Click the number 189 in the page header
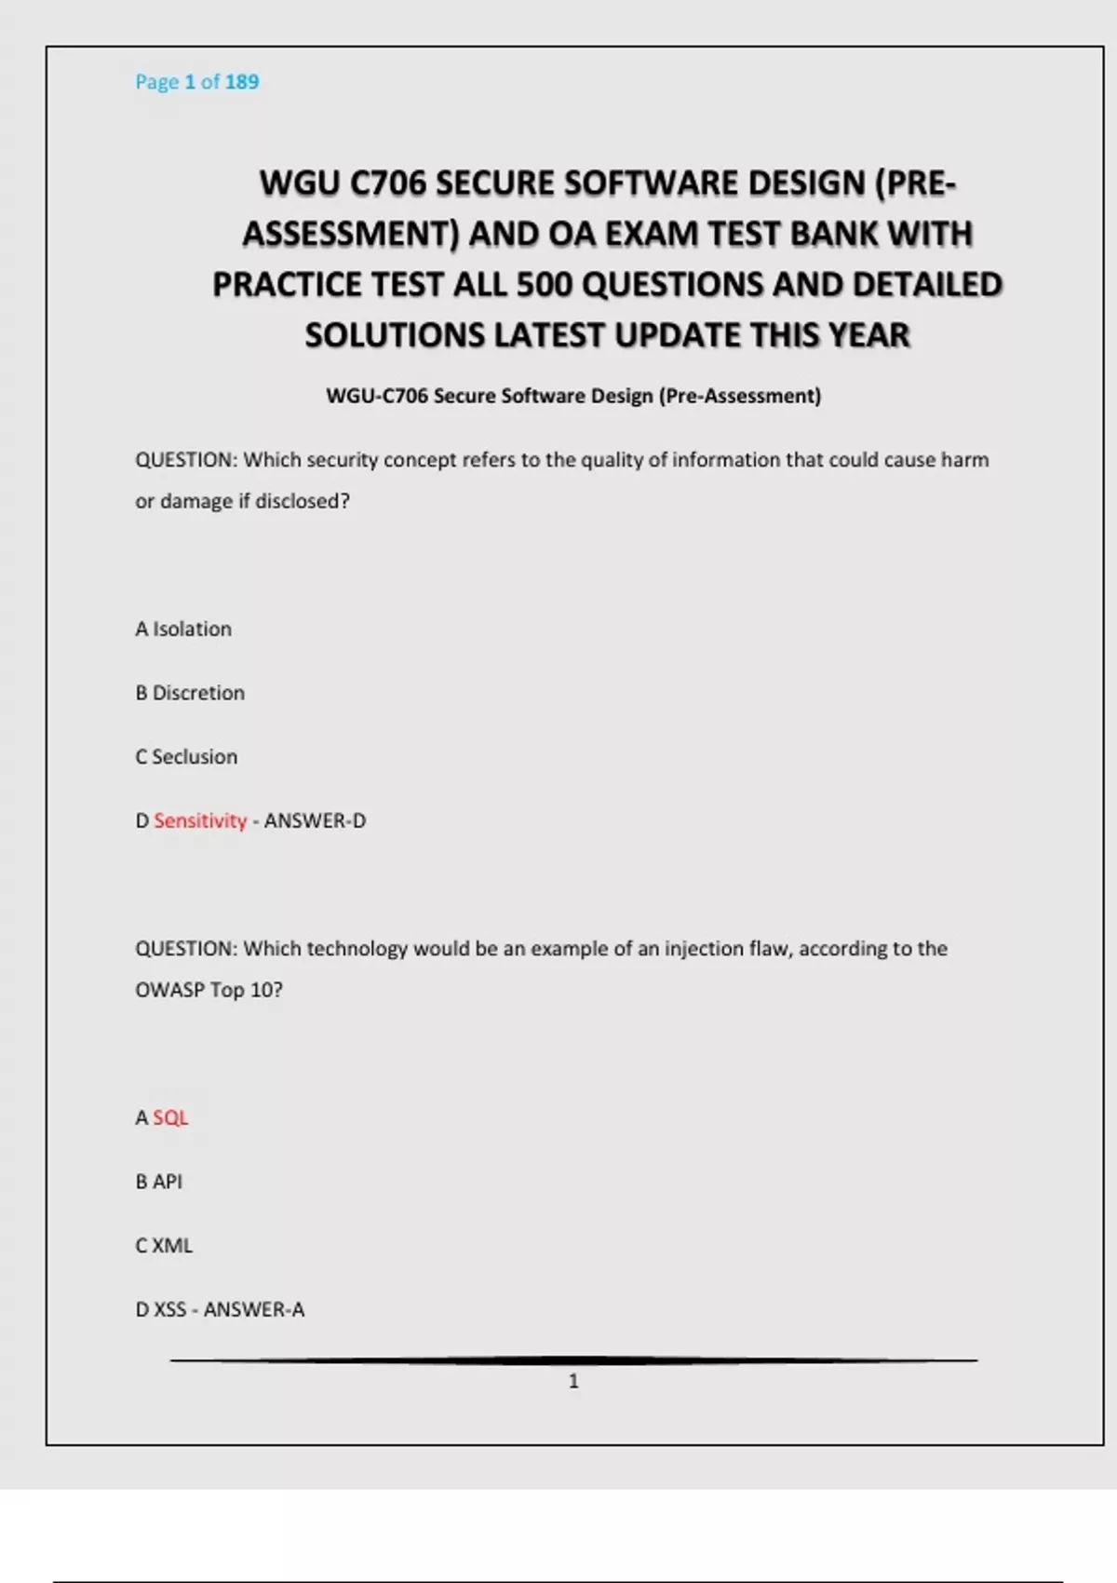pos(242,82)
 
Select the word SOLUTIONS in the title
pos(395,335)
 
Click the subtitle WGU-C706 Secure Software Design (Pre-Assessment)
pos(573,396)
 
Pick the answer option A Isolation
pos(183,629)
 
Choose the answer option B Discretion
pos(190,693)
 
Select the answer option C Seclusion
pos(186,757)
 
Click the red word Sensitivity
pos(200,820)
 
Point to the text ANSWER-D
pos(315,820)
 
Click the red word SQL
pos(170,1117)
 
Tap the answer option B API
pos(158,1182)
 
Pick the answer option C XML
pos(164,1246)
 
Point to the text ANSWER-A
pos(254,1309)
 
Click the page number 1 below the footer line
pos(573,1381)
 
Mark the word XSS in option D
pos(170,1309)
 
